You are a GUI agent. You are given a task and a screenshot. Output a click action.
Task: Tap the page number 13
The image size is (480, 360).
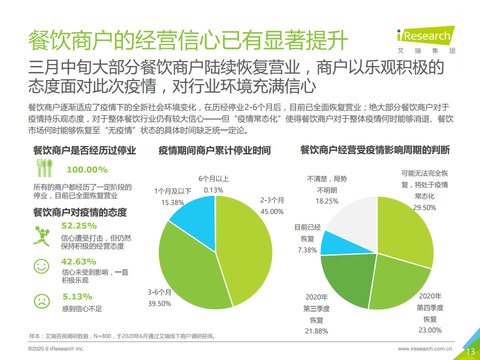tap(470, 351)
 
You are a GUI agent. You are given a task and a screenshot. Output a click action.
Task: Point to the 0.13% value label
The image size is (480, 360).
tap(213, 190)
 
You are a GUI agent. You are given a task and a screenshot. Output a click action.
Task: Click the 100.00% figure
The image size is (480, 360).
tap(87, 169)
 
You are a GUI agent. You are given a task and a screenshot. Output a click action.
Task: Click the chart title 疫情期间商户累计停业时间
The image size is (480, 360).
tap(214, 150)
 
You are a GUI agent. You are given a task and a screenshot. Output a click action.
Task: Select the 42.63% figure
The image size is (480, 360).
tap(78, 261)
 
